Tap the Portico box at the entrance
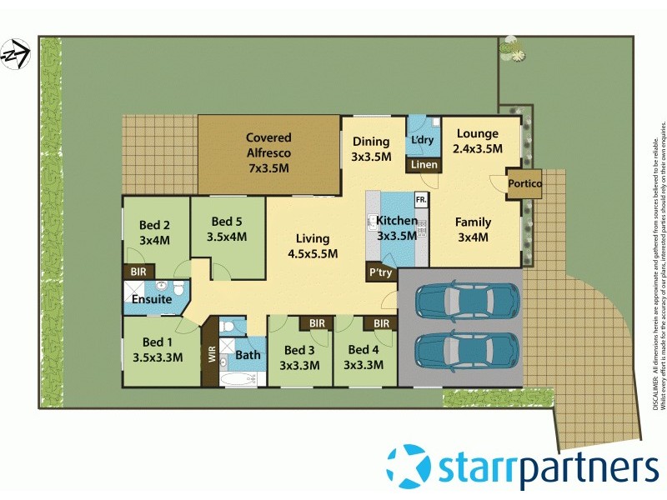[x=525, y=183]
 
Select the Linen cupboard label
[x=424, y=165]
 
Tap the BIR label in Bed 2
[x=136, y=272]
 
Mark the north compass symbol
[x=14, y=55]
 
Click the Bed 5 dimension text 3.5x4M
[x=228, y=237]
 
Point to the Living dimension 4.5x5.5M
[x=312, y=254]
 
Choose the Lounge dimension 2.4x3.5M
[x=478, y=149]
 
